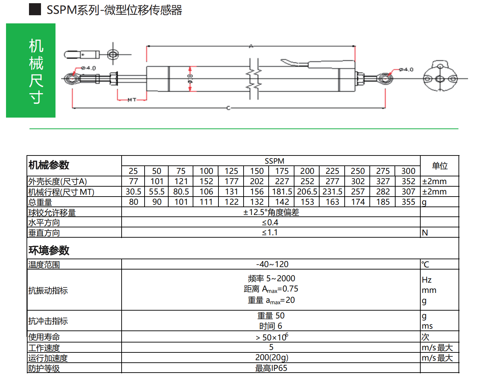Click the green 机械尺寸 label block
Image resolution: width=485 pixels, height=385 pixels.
click(x=31, y=70)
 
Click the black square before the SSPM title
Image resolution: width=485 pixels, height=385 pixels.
click(x=35, y=10)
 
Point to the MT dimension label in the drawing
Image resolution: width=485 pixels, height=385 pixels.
click(x=132, y=100)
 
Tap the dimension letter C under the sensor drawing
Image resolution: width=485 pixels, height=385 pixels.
click(x=228, y=108)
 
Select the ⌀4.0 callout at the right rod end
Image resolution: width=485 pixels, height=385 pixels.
click(x=406, y=69)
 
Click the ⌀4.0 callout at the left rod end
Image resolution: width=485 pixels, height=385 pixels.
click(x=88, y=68)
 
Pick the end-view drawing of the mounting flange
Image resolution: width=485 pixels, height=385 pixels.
click(x=440, y=76)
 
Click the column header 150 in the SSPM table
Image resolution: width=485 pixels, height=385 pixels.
click(x=257, y=171)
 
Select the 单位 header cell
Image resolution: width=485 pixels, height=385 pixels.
click(x=439, y=166)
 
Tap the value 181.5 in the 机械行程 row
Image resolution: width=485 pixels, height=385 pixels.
click(x=282, y=192)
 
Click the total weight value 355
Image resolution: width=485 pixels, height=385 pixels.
click(x=408, y=202)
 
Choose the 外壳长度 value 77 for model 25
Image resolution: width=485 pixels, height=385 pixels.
click(x=133, y=181)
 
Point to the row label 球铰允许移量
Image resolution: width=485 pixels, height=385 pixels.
click(x=52, y=213)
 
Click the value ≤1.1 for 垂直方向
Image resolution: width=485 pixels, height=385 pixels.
click(x=270, y=233)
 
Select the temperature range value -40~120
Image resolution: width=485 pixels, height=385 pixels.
click(x=272, y=264)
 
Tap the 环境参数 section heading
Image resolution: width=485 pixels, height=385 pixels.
click(x=49, y=250)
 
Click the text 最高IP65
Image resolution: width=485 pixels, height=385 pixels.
click(x=271, y=368)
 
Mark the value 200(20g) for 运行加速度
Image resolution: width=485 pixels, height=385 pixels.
click(x=271, y=358)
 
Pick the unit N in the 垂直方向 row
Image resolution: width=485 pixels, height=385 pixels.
click(x=425, y=233)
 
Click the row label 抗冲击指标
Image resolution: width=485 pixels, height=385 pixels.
click(x=48, y=321)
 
